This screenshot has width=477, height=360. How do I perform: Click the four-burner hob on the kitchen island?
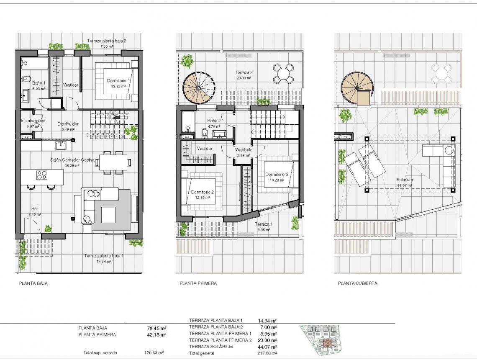point(42,175)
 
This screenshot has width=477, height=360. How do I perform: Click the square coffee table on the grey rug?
point(108,215)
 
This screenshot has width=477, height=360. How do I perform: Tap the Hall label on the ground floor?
point(35,208)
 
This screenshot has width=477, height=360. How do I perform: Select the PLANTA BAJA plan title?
point(33,283)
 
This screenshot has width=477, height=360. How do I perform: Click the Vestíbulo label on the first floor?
point(243,150)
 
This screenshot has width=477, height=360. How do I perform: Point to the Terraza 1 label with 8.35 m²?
point(264,224)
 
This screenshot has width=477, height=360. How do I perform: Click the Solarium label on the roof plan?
point(405,180)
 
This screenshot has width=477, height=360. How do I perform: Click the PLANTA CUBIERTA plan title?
point(357,283)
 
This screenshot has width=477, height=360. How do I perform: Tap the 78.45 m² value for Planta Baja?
point(156,328)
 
